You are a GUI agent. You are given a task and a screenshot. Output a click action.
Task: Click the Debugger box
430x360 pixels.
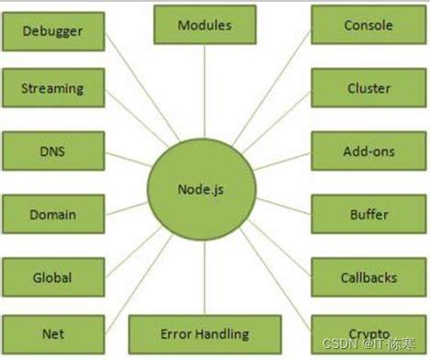click(x=52, y=30)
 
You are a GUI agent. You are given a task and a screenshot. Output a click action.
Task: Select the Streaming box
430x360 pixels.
click(x=52, y=89)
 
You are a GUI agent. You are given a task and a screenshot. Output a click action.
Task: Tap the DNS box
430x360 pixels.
click(x=52, y=151)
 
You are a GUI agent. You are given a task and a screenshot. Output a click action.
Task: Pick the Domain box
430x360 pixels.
click(x=52, y=214)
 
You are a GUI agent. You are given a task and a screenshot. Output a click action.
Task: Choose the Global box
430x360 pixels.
click(x=52, y=276)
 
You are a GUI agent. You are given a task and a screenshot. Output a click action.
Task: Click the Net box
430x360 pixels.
click(x=52, y=334)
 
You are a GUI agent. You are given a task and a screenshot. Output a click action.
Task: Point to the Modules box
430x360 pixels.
click(x=205, y=25)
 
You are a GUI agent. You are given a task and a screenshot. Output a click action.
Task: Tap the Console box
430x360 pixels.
click(x=368, y=26)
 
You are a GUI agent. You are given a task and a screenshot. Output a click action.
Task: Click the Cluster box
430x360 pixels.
click(x=368, y=88)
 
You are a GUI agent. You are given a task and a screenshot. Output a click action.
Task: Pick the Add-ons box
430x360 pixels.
click(x=368, y=151)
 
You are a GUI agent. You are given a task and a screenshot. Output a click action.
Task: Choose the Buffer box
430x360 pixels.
click(x=368, y=214)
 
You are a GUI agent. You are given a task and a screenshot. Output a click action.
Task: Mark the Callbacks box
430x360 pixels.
click(x=368, y=276)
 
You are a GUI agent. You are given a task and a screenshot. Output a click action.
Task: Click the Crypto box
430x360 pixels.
click(x=368, y=332)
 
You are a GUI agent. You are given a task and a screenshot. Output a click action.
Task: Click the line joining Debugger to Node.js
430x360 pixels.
click(x=138, y=92)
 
